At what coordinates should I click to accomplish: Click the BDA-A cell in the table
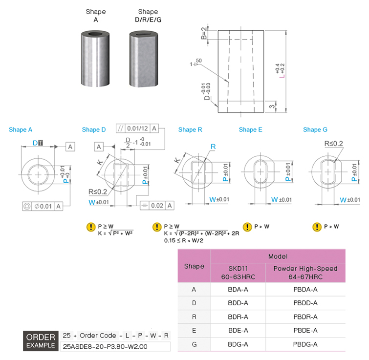[x=238, y=289]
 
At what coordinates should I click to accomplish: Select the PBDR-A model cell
[x=305, y=317]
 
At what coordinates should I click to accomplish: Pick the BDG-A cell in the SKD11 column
[x=238, y=344]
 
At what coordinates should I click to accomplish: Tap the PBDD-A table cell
[x=305, y=303]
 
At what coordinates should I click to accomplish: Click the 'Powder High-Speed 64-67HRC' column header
[x=305, y=273]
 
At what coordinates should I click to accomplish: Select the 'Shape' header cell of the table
[x=194, y=266]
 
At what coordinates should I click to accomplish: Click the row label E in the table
[x=194, y=331]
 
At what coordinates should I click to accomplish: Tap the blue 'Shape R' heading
[x=190, y=129]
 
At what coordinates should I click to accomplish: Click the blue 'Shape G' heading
[x=315, y=129]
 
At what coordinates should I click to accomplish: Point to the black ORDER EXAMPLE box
[x=41, y=341]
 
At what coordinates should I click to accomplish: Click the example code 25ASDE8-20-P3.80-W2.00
[x=105, y=347]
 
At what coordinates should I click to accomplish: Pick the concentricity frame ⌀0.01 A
[x=43, y=206]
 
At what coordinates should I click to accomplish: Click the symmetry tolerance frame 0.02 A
[x=156, y=206]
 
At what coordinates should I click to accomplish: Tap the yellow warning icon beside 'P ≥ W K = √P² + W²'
[x=90, y=227]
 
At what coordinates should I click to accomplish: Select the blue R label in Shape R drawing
[x=213, y=147]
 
